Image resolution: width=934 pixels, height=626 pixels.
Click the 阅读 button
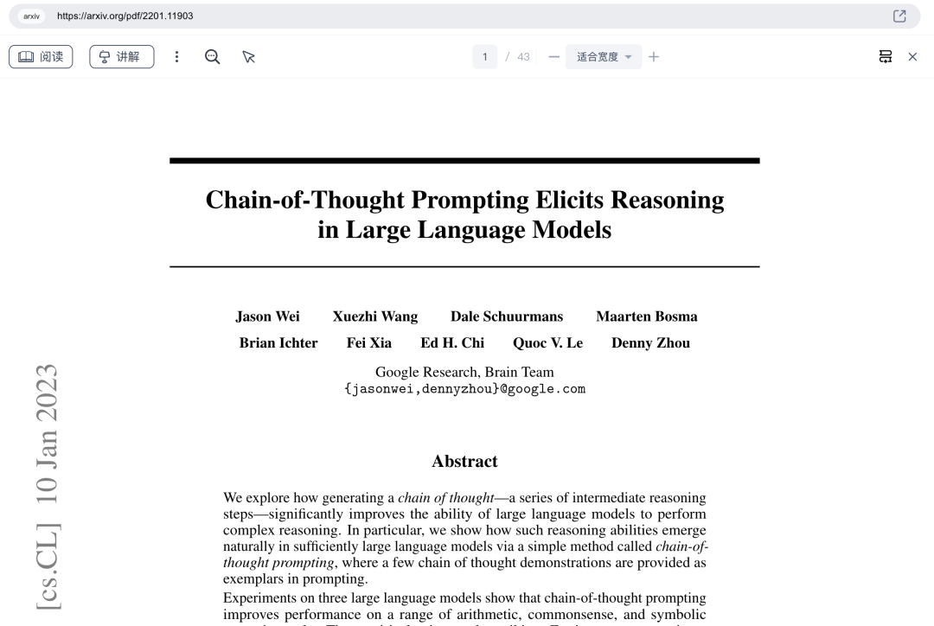point(41,57)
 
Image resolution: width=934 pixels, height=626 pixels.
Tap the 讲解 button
point(121,57)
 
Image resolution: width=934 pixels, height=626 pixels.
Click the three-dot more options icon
point(177,57)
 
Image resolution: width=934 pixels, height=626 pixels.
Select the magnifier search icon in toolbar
point(212,57)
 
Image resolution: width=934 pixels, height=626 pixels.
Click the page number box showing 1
point(484,57)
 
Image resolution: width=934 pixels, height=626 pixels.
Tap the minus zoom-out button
point(553,57)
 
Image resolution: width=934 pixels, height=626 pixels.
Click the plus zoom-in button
point(654,57)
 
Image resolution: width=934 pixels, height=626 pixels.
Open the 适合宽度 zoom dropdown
point(604,57)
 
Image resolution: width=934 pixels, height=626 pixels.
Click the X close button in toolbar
point(912,57)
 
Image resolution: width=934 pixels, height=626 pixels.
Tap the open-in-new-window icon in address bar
point(899,16)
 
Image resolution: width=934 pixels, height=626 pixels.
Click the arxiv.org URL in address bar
point(125,16)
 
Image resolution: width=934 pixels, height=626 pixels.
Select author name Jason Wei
point(267,316)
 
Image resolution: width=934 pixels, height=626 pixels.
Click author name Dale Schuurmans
point(506,316)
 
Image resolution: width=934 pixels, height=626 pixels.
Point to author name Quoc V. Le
point(547,343)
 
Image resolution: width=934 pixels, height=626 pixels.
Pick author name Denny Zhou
point(650,343)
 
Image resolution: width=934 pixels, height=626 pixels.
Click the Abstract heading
point(464,462)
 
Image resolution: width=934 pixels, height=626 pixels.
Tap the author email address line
point(464,389)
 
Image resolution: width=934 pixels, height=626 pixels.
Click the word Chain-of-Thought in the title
point(304,200)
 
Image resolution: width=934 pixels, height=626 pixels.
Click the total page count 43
point(523,57)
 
